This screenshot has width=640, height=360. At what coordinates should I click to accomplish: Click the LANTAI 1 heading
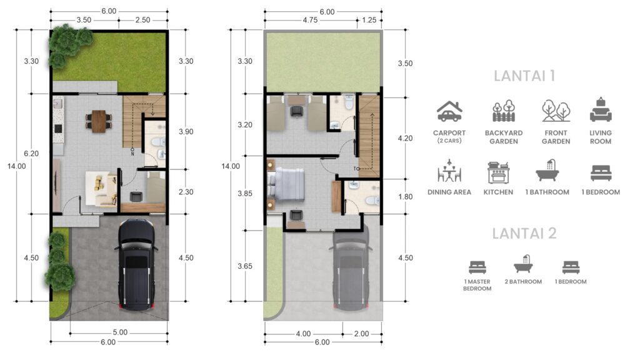[524, 76]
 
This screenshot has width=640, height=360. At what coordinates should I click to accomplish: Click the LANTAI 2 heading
[524, 234]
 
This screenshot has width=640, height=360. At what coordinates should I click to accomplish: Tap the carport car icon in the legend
[449, 111]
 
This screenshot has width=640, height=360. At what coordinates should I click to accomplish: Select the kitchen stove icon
[498, 172]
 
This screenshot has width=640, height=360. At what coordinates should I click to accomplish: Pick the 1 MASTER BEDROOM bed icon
[477, 267]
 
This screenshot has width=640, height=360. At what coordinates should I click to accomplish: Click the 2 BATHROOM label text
[523, 282]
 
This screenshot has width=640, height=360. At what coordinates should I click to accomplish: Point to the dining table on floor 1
[99, 121]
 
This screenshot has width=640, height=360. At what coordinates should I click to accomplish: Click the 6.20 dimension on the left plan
[31, 154]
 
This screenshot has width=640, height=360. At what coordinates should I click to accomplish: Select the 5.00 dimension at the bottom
[120, 332]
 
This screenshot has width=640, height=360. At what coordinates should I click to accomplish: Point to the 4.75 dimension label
[310, 20]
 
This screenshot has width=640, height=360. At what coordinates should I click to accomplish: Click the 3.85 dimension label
[245, 194]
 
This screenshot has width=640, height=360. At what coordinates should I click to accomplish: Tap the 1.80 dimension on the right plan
[405, 197]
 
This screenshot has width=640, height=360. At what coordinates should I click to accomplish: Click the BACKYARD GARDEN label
[504, 137]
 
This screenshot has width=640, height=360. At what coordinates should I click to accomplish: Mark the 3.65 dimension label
[245, 266]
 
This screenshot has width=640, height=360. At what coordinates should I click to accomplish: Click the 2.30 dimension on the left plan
[186, 192]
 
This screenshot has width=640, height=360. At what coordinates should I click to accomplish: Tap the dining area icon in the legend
[449, 171]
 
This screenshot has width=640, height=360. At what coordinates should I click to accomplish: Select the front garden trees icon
[556, 111]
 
